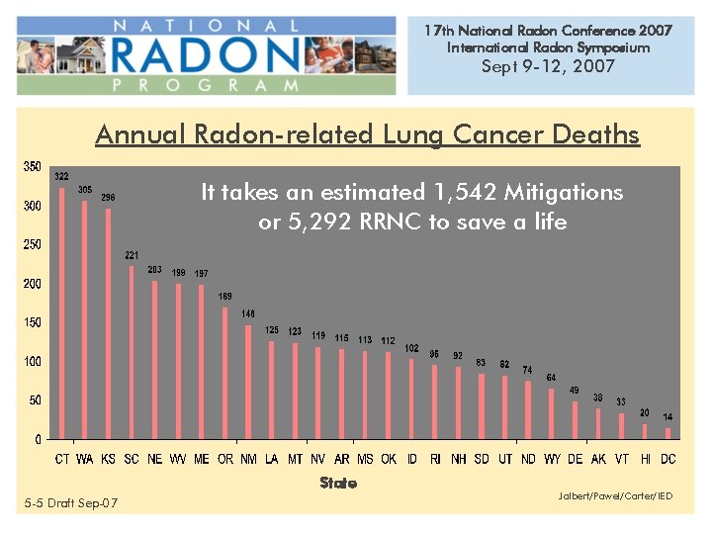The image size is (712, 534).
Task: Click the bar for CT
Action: tap(61, 312)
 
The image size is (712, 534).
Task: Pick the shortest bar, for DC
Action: tap(667, 433)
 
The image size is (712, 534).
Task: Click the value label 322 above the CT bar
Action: tap(61, 176)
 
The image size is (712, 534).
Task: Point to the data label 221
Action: tap(132, 255)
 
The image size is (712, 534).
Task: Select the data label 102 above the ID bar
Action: tap(410, 348)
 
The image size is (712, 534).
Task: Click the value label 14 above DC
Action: tap(667, 417)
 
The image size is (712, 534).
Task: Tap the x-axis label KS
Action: tap(108, 459)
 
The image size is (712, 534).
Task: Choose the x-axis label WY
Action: tap(551, 459)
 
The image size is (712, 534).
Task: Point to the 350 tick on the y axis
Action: tap(33, 167)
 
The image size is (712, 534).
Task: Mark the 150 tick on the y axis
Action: tap(33, 322)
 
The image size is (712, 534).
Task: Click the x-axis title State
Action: tap(338, 483)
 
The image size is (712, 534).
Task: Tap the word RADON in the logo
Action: tap(208, 54)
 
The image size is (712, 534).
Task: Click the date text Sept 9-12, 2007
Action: tap(548, 66)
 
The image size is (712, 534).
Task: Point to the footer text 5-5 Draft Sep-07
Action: tap(71, 503)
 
